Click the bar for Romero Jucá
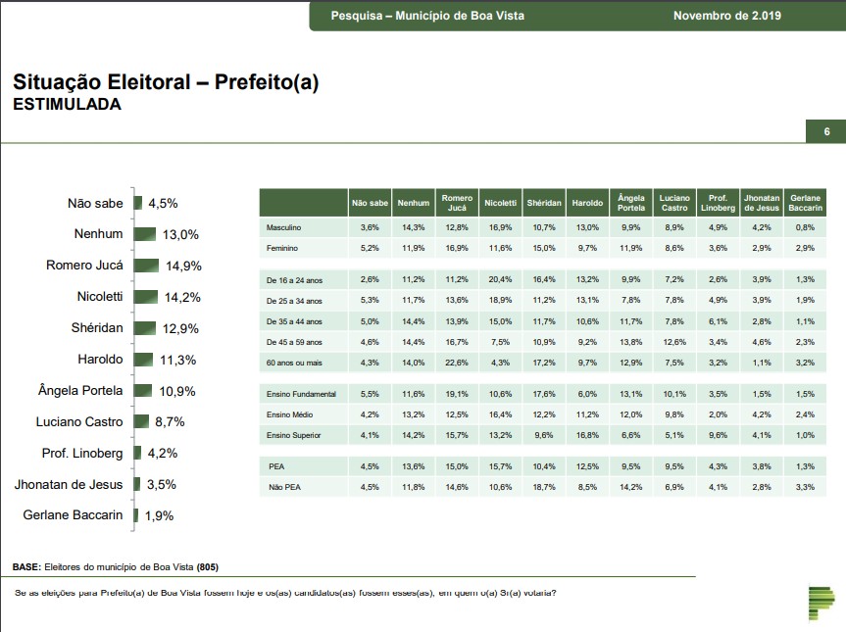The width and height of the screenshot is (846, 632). coord(146,266)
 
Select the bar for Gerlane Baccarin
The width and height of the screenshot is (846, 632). coord(137,514)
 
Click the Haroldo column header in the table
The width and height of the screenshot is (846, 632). coord(586,203)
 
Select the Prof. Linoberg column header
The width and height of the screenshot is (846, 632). coord(717,203)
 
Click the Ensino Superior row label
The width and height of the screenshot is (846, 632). coord(295,434)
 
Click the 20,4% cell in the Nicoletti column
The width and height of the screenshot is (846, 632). coord(500,278)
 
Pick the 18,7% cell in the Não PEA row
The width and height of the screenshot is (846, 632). coord(543,487)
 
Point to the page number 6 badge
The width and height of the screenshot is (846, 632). coord(826,133)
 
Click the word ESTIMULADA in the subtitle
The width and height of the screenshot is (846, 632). coord(67,105)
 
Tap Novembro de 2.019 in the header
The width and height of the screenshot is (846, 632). coord(733,16)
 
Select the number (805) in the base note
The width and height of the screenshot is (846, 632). coord(207,567)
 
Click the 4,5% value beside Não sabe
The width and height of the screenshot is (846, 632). coord(163,204)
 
